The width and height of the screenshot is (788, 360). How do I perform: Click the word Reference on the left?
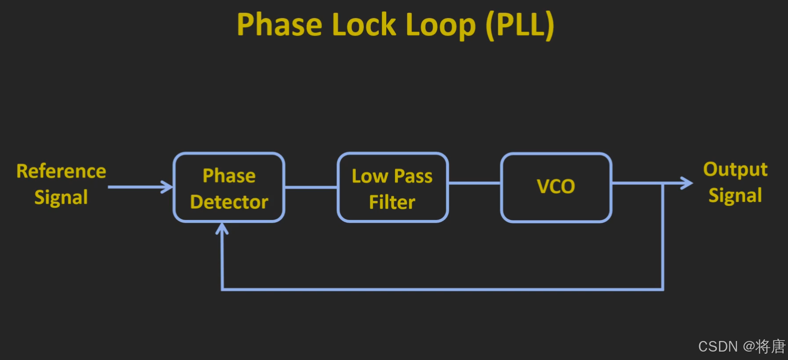(61, 171)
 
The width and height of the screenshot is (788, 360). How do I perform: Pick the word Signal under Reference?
(61, 197)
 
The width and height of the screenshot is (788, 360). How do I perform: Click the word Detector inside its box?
(229, 202)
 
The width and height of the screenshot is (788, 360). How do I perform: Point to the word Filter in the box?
(392, 202)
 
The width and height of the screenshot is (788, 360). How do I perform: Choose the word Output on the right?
(735, 170)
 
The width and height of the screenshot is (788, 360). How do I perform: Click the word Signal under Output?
(735, 196)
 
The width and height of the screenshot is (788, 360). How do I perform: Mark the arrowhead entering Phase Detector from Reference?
(168, 187)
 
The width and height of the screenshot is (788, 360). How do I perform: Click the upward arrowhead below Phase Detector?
(222, 228)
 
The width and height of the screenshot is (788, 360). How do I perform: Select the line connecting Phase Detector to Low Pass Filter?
(311, 187)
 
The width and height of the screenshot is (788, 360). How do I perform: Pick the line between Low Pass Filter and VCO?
(475, 183)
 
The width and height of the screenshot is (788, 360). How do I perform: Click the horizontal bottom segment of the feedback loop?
(442, 289)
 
